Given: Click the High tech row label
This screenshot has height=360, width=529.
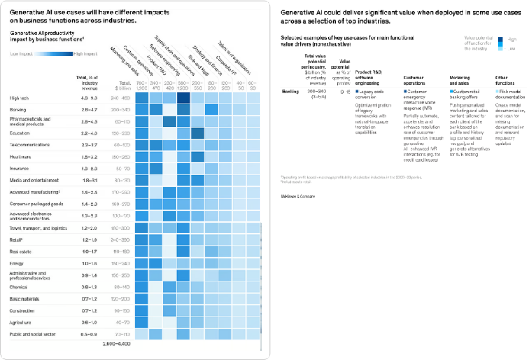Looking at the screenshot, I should pyautogui.click(x=19, y=98).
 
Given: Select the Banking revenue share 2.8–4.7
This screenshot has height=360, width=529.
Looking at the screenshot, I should pyautogui.click(x=89, y=110).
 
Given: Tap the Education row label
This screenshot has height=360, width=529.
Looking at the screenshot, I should pyautogui.click(x=21, y=133).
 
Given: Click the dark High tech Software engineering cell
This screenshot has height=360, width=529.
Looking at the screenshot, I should pyautogui.click(x=183, y=98).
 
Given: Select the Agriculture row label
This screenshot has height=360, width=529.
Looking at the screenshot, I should pyautogui.click(x=21, y=323).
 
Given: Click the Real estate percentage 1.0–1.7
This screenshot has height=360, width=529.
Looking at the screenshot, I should pyautogui.click(x=89, y=251).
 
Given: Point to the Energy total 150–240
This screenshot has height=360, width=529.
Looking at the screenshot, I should pyautogui.click(x=121, y=262).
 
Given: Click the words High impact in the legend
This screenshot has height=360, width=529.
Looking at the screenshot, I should pyautogui.click(x=85, y=55).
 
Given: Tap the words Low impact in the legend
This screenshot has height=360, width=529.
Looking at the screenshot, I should pyautogui.click(x=21, y=55).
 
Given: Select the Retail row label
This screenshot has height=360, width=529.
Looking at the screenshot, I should pyautogui.click(x=17, y=239).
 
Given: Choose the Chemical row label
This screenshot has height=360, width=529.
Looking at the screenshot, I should pyautogui.click(x=20, y=287).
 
